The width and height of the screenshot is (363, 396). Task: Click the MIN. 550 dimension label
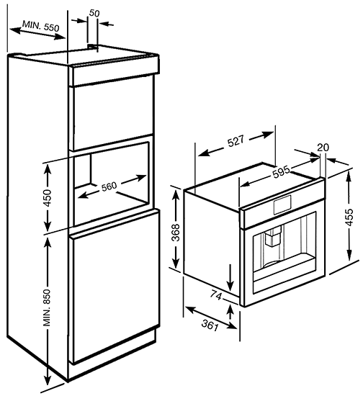[40, 26]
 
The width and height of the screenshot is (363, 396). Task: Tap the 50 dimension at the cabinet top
[94, 13]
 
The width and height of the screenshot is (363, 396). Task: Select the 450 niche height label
[48, 198]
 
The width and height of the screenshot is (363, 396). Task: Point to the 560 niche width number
[109, 187]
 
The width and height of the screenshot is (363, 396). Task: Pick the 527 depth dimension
[236, 141]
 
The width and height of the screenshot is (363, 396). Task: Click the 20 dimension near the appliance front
[323, 147]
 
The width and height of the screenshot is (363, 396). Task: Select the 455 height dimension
[349, 217]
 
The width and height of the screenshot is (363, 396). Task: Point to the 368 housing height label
[175, 233]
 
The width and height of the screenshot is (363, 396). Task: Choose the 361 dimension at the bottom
[210, 325]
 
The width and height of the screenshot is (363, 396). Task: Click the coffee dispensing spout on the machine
[272, 237]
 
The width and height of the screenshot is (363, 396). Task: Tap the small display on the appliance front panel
[282, 204]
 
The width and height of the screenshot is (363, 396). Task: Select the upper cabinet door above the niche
[113, 115]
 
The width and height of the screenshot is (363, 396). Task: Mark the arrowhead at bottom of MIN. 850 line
[47, 386]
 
